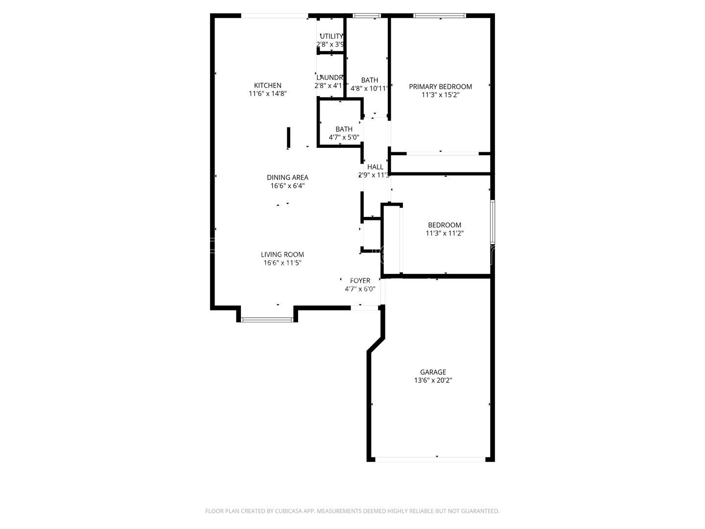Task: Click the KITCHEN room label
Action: (267, 85)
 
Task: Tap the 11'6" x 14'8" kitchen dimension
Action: (267, 94)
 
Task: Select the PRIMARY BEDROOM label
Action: (440, 87)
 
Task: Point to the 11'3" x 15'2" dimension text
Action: (440, 95)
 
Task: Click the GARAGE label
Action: (433, 372)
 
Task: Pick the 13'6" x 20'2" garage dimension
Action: (433, 381)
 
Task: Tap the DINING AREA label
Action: (287, 177)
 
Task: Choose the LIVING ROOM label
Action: (282, 254)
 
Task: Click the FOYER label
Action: (360, 281)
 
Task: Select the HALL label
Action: (375, 167)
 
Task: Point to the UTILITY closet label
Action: (331, 36)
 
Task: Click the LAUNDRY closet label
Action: (330, 77)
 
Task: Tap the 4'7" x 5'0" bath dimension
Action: (344, 138)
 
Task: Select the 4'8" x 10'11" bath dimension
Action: (369, 89)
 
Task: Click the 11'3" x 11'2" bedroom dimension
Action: (445, 234)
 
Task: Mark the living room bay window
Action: (267, 320)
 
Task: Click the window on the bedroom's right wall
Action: (493, 222)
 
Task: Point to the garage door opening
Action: (430, 459)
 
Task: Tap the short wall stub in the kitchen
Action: (289, 137)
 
